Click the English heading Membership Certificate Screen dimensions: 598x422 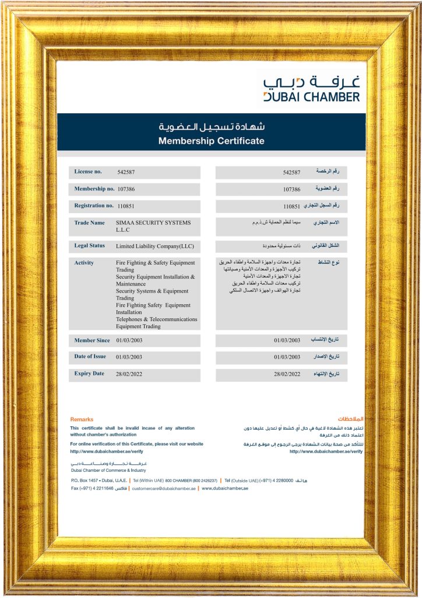[x=211, y=141]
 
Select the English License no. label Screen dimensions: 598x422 [x=88, y=172]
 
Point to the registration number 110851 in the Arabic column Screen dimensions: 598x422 [x=291, y=206]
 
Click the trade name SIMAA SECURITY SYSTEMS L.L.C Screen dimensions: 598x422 [x=145, y=227]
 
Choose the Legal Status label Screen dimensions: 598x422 [x=89, y=245]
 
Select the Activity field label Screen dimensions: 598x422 [x=84, y=263]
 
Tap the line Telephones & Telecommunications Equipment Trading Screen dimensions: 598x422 [x=156, y=323]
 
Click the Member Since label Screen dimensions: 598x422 [x=92, y=340]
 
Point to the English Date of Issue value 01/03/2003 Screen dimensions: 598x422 [x=129, y=357]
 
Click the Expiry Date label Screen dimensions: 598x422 [x=89, y=374]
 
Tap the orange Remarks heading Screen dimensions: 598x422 [x=82, y=419]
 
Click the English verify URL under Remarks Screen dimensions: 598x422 [x=107, y=451]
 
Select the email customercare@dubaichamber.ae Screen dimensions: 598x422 [x=164, y=488]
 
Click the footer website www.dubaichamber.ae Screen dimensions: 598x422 [x=225, y=488]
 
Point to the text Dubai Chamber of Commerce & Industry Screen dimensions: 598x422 [x=108, y=470]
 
